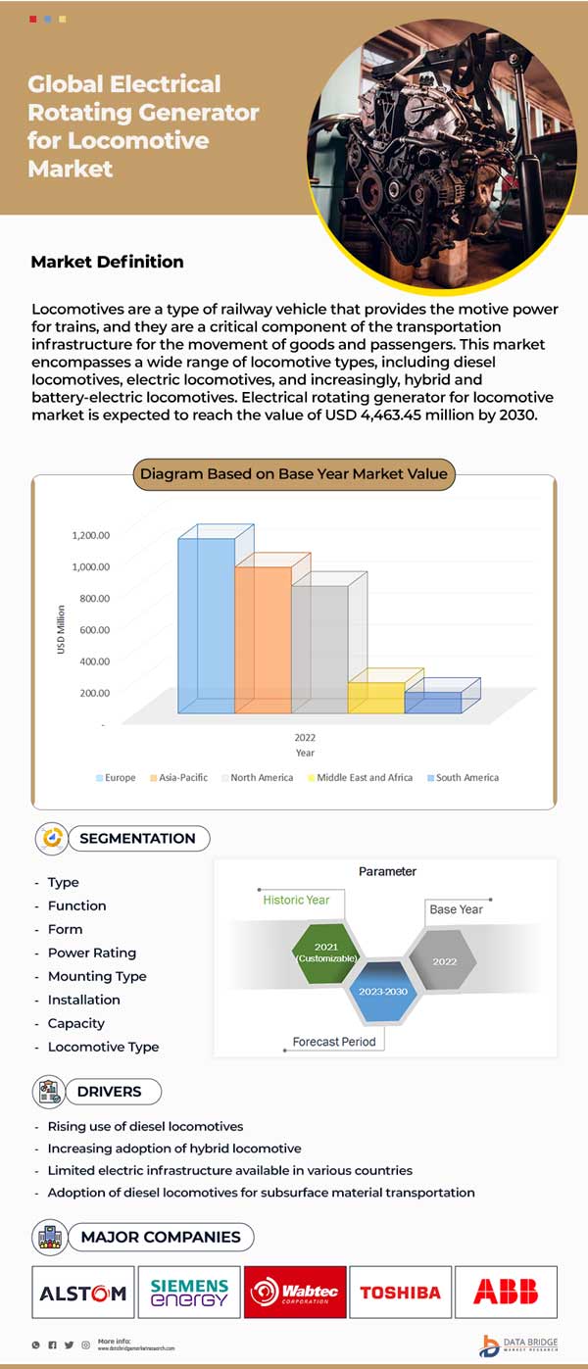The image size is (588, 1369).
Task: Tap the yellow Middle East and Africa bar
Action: coord(376,697)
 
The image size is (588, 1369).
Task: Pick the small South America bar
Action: coord(432,703)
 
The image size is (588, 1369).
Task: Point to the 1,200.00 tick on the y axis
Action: coord(90,535)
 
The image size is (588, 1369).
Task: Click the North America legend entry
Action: coord(261,778)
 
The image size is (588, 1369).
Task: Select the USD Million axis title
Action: coord(61,628)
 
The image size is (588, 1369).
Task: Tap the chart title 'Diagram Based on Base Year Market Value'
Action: coord(293,474)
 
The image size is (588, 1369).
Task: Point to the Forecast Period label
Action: coord(334,1042)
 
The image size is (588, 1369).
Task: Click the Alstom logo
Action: coord(82,1293)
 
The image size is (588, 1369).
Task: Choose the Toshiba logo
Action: coord(400,1293)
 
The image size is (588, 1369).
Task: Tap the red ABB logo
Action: coord(505,1293)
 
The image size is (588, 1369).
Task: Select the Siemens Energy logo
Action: coord(189,1293)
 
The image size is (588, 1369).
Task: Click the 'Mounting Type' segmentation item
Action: coord(97,976)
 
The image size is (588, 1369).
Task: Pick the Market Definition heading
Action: coord(107,262)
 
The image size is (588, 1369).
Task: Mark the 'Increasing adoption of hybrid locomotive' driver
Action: coord(174,1148)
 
